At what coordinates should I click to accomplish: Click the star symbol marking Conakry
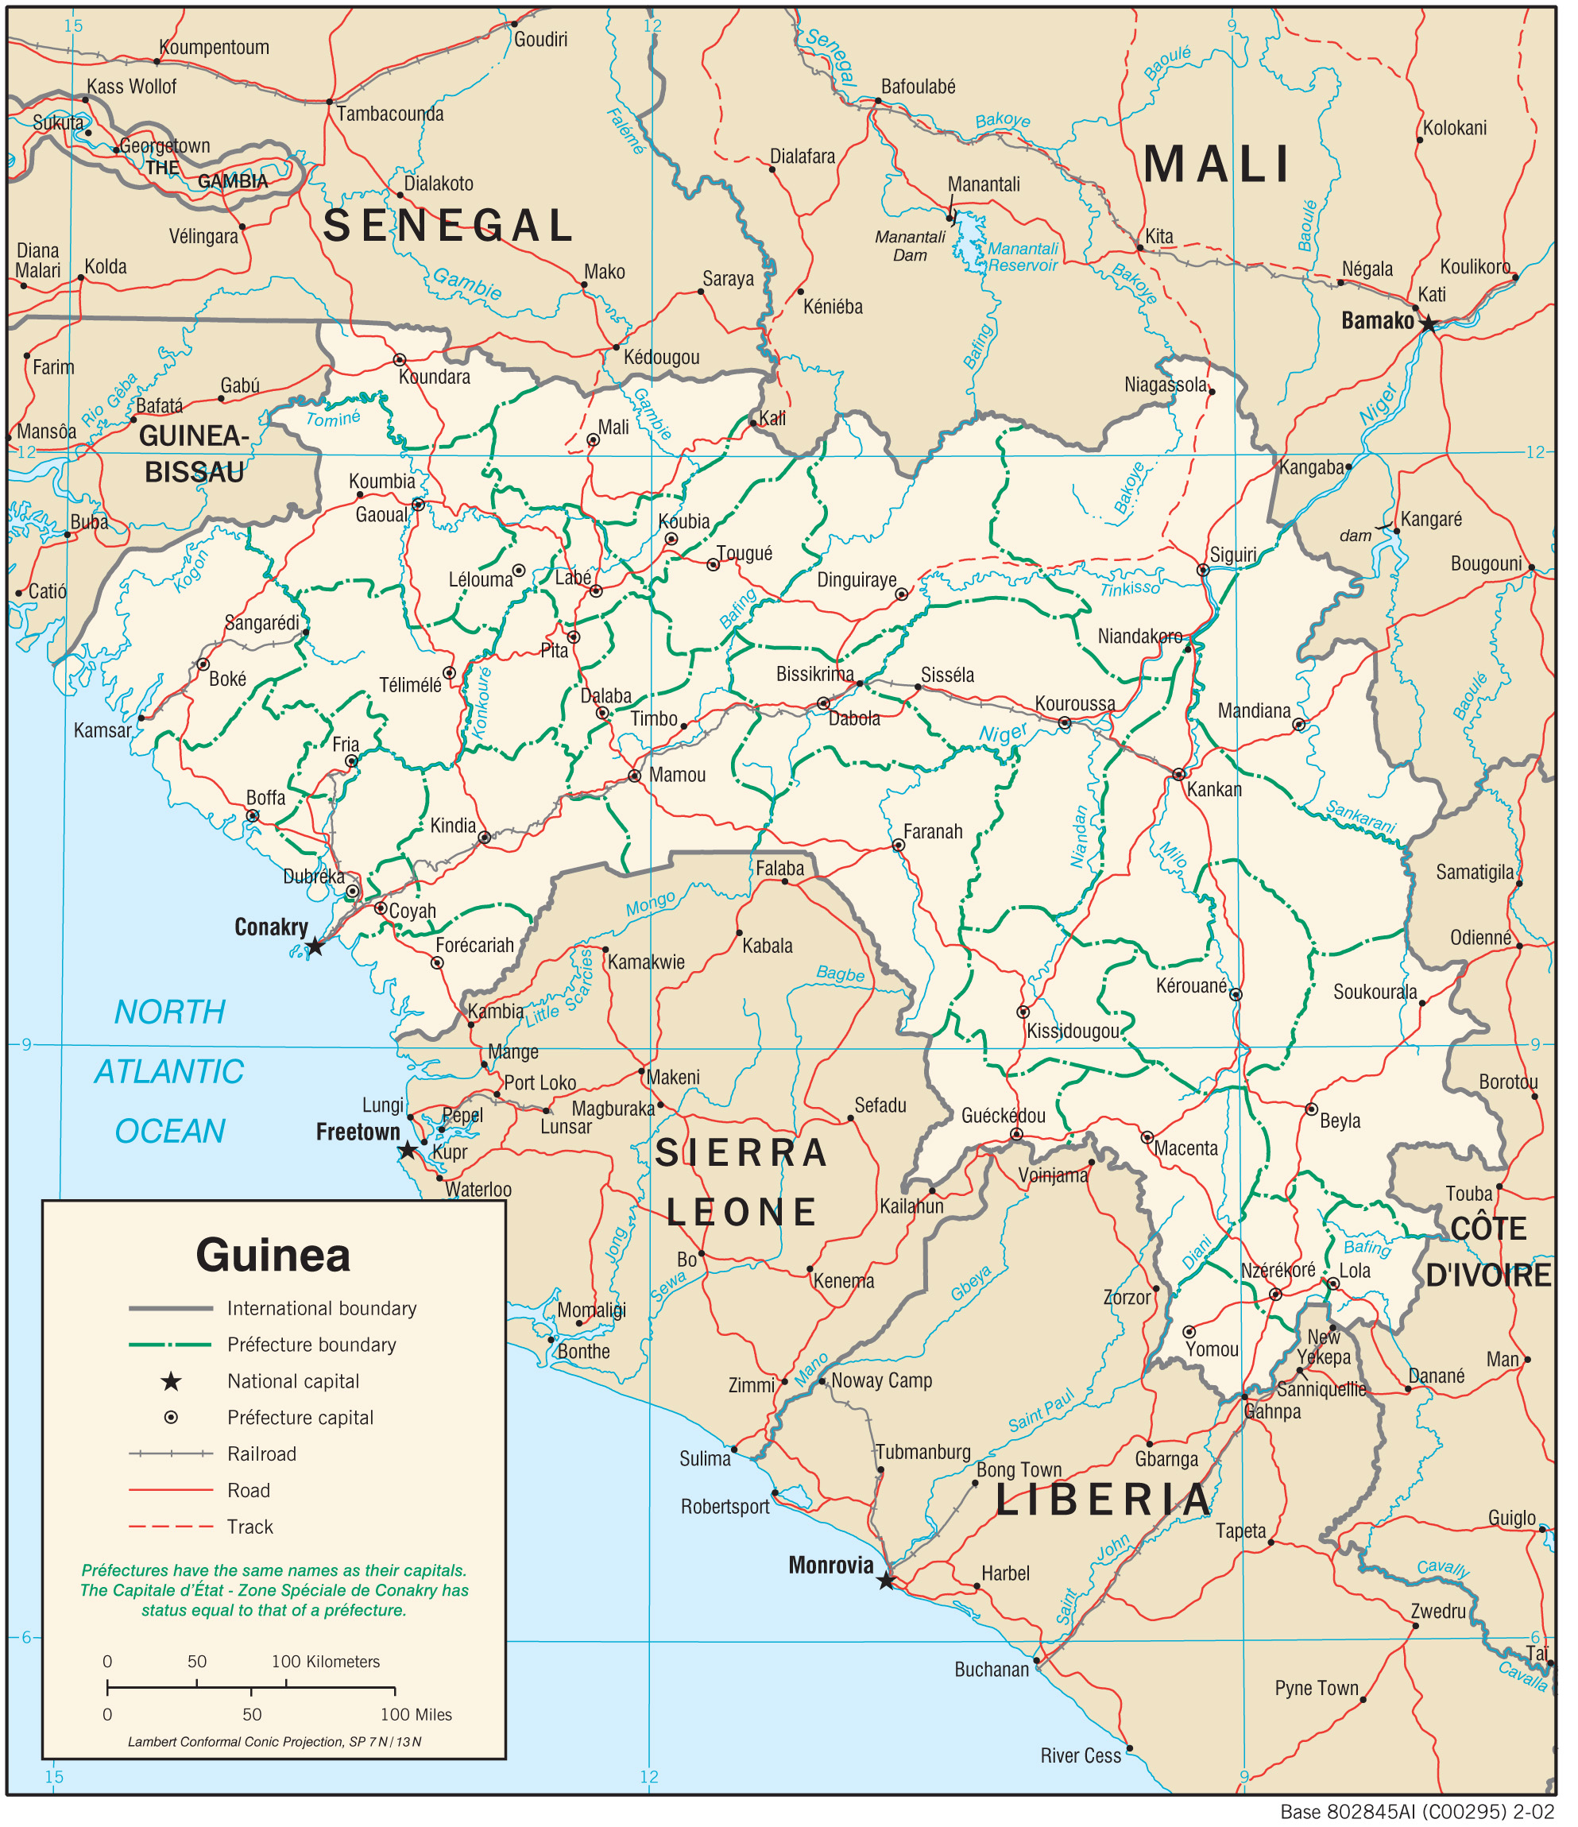pos(315,948)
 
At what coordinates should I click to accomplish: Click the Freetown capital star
pos(408,1151)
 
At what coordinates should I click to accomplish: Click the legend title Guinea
pos(273,1256)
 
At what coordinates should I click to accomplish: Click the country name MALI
pos(1217,165)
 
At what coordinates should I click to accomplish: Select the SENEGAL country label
pos(450,226)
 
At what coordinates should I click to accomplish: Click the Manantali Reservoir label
pos(1023,257)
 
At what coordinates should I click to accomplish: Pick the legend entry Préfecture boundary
pos(311,1345)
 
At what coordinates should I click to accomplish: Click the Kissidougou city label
pos(1073,1032)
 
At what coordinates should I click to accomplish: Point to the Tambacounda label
pos(389,114)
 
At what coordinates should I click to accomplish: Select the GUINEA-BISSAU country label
pos(194,454)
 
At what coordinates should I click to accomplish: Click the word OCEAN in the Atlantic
pos(170,1132)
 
